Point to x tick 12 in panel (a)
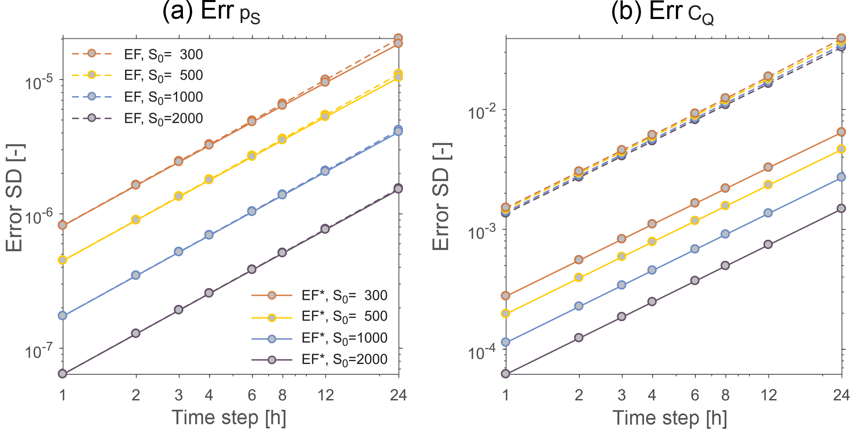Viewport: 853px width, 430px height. pos(325,395)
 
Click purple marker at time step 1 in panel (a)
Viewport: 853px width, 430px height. pos(63,374)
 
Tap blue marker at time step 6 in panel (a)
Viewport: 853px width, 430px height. pos(252,211)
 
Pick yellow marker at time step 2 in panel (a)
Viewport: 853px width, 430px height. pos(136,220)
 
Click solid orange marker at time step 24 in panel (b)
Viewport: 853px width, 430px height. pos(841,132)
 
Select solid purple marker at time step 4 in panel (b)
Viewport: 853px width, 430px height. pos(652,302)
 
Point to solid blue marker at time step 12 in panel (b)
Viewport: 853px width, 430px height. pos(768,213)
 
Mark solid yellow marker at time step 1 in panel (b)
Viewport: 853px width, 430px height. pos(505,314)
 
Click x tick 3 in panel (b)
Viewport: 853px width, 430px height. pos(621,395)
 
